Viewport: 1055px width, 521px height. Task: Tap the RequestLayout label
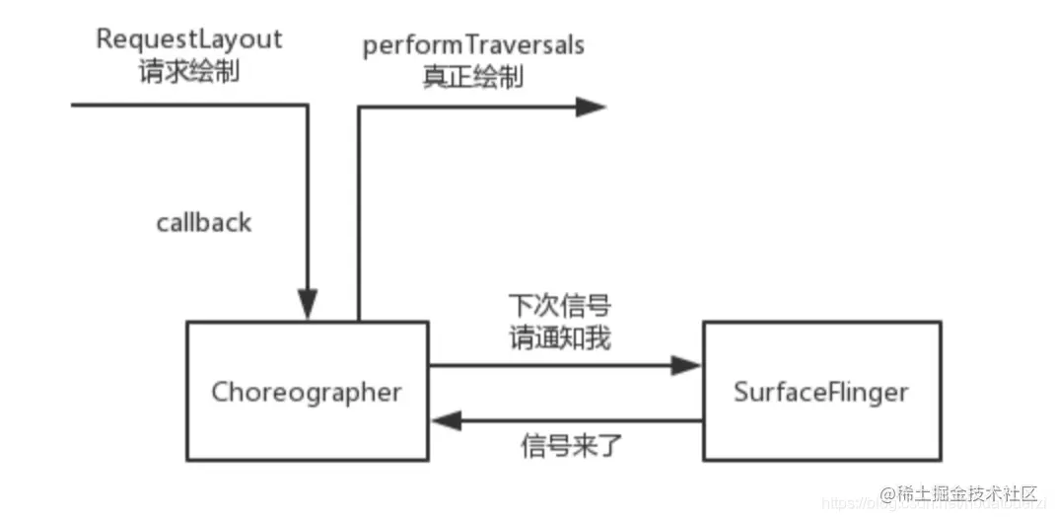(189, 39)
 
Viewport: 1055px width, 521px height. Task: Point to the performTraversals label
(473, 45)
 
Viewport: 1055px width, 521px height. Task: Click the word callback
(204, 223)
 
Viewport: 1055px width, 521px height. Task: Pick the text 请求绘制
(189, 73)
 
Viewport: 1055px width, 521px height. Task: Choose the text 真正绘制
(473, 78)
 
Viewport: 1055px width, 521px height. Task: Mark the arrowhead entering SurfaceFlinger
(686, 365)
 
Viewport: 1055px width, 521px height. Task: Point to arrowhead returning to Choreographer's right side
(445, 421)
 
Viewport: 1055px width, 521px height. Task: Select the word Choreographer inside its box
(308, 392)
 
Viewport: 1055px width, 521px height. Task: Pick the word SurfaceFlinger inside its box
(820, 392)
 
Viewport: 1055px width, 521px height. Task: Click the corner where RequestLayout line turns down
(308, 104)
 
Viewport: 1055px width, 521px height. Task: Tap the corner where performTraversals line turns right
(358, 107)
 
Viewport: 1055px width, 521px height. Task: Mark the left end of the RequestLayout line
(75, 104)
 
